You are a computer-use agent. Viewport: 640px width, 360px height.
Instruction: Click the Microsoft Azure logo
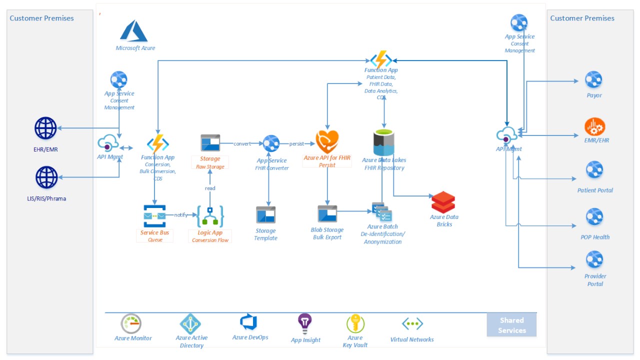133,31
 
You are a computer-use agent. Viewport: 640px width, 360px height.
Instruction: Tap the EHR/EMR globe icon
45,128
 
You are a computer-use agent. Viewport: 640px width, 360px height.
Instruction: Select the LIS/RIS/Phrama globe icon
46,177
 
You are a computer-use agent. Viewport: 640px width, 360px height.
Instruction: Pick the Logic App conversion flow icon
210,216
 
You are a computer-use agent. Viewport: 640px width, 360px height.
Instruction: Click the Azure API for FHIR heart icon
327,142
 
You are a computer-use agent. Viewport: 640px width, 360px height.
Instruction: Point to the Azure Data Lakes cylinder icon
384,143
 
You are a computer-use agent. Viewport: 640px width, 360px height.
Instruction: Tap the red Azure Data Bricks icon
443,202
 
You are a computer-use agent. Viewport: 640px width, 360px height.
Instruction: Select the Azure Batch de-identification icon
381,212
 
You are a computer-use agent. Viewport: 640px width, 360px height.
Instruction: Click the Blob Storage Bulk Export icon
327,214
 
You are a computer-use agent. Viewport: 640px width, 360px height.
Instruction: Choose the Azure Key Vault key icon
355,324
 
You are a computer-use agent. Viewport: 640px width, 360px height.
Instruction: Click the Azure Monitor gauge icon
131,323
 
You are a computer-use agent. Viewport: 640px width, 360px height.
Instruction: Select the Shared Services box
511,325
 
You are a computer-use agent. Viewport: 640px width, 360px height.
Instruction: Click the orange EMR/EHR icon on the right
594,127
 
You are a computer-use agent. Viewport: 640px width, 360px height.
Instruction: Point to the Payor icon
593,79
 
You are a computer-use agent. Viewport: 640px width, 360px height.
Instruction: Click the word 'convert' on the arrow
242,144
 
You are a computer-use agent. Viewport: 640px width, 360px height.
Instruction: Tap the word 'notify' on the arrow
180,215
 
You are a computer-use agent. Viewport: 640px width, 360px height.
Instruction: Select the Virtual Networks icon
412,324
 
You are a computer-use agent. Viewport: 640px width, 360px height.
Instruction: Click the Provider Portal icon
594,260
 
